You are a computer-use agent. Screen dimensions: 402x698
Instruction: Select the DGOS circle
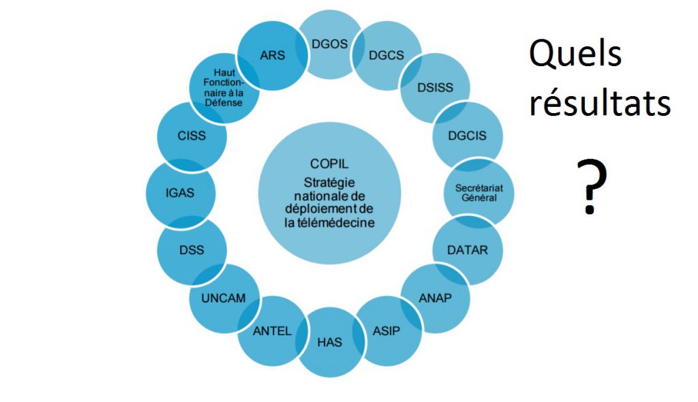330,44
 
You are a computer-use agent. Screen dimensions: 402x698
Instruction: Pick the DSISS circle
434,88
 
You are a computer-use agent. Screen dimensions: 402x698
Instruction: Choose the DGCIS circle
468,136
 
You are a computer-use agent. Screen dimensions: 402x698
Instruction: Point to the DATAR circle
467,250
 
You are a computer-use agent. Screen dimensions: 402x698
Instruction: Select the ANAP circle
435,298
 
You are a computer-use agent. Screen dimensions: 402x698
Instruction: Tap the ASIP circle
386,331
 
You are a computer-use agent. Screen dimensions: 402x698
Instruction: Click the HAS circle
330,342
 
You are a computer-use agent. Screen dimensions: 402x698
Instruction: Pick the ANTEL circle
273,331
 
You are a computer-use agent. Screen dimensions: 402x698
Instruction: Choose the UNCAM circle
224,298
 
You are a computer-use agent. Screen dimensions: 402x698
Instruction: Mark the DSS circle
192,250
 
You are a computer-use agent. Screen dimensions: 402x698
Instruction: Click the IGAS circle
181,193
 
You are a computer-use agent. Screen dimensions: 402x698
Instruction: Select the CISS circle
192,136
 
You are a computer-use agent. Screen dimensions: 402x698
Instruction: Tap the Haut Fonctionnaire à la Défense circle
224,88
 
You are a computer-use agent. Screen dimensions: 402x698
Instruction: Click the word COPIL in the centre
330,164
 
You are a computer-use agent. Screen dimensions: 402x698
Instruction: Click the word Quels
575,55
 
